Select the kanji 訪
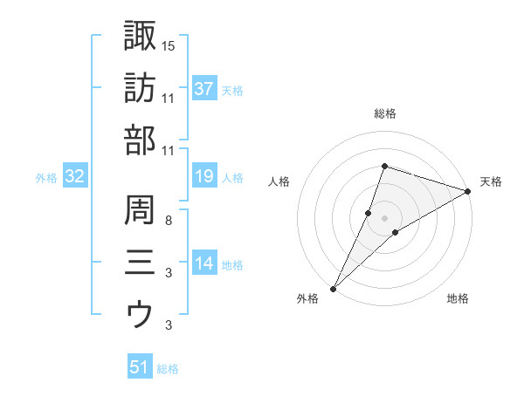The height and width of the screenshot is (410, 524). click(x=140, y=87)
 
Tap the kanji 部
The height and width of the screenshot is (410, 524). click(x=140, y=140)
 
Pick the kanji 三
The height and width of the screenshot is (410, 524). click(x=140, y=262)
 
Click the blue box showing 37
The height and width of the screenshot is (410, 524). click(x=204, y=88)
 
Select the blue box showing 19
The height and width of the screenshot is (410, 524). click(x=204, y=177)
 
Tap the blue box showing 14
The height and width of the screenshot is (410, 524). click(x=204, y=263)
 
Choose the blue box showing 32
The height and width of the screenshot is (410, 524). click(x=74, y=177)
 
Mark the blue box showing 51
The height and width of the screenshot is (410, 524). click(x=140, y=367)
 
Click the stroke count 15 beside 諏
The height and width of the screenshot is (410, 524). click(x=169, y=44)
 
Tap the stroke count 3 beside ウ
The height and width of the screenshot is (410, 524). click(x=168, y=325)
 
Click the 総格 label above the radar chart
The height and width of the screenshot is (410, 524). click(x=385, y=113)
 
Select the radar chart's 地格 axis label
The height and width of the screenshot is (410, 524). click(x=458, y=299)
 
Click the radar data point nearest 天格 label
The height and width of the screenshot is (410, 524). click(x=467, y=192)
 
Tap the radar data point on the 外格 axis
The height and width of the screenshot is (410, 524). click(x=334, y=288)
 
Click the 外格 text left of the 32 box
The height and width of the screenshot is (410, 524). click(x=46, y=178)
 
